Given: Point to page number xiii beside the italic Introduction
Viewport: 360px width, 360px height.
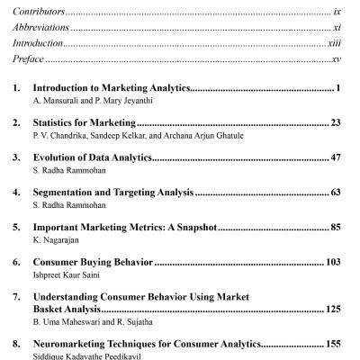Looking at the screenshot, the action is coord(337,43).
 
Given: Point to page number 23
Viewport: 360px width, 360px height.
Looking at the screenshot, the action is coord(338,123).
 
